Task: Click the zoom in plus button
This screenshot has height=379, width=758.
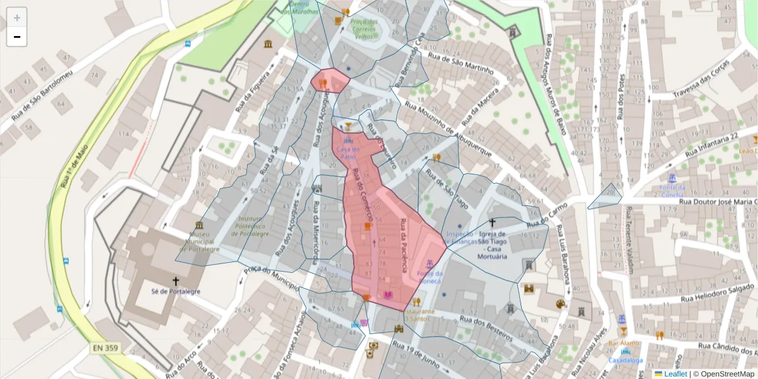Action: pos(17,17)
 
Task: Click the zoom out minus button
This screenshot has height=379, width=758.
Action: pos(17,37)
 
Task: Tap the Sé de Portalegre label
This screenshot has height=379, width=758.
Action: pos(176,291)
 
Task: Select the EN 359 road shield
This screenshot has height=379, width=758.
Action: pos(105,348)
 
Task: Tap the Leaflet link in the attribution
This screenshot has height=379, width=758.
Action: pos(672,373)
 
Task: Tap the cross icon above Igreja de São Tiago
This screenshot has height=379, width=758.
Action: pos(493,222)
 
